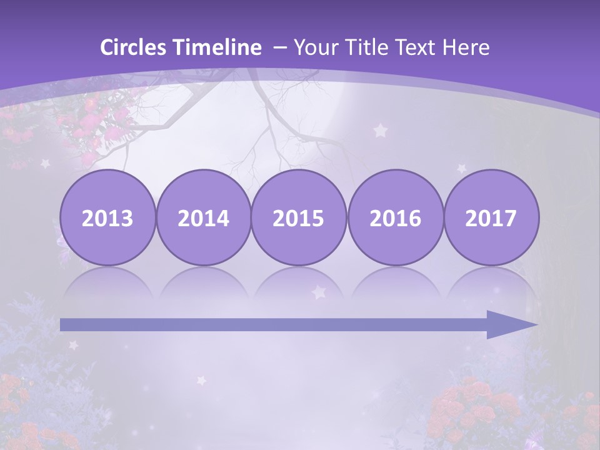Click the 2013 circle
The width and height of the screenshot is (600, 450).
click(107, 217)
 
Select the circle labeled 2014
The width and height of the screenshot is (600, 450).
click(203, 217)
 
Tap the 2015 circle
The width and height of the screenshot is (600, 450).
click(299, 217)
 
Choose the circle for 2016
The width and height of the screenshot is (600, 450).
click(395, 217)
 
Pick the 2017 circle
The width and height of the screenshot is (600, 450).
click(491, 217)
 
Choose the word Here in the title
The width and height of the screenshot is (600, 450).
click(466, 47)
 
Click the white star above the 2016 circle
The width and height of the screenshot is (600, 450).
click(380, 131)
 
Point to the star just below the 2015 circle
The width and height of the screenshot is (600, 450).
click(319, 292)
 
